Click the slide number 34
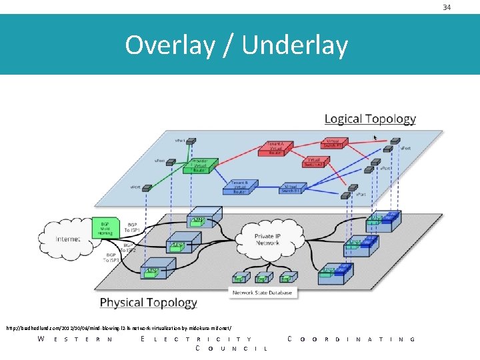447,7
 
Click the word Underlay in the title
295,45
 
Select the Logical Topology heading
370,119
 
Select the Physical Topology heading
148,303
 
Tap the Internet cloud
68,238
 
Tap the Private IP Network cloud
267,239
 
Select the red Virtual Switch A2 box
313,162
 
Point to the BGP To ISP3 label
111,257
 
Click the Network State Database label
263,292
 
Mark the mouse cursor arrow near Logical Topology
375,137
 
